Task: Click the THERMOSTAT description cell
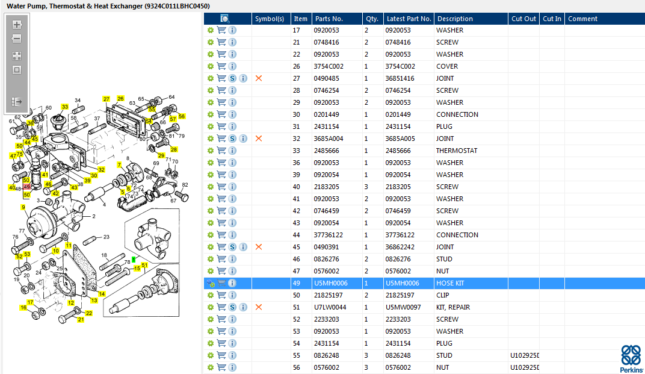coord(457,151)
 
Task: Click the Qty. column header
coord(372,19)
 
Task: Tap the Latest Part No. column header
coord(409,19)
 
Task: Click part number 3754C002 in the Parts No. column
coord(329,66)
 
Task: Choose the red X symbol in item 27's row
coord(259,78)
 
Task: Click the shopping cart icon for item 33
coord(221,151)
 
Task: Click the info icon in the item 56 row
coord(232,367)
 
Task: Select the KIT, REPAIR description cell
coord(453,307)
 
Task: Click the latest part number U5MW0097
coord(403,307)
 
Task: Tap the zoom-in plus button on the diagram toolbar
coord(17,25)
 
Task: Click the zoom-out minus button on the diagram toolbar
coord(17,39)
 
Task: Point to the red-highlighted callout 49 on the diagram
coord(27,187)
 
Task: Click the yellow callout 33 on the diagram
coord(64,107)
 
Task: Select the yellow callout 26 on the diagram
coord(120,98)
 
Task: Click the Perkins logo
coord(631,359)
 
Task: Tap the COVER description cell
coord(446,66)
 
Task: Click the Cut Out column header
coord(523,19)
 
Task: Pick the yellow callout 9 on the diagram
coord(23,207)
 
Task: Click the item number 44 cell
coord(297,235)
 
